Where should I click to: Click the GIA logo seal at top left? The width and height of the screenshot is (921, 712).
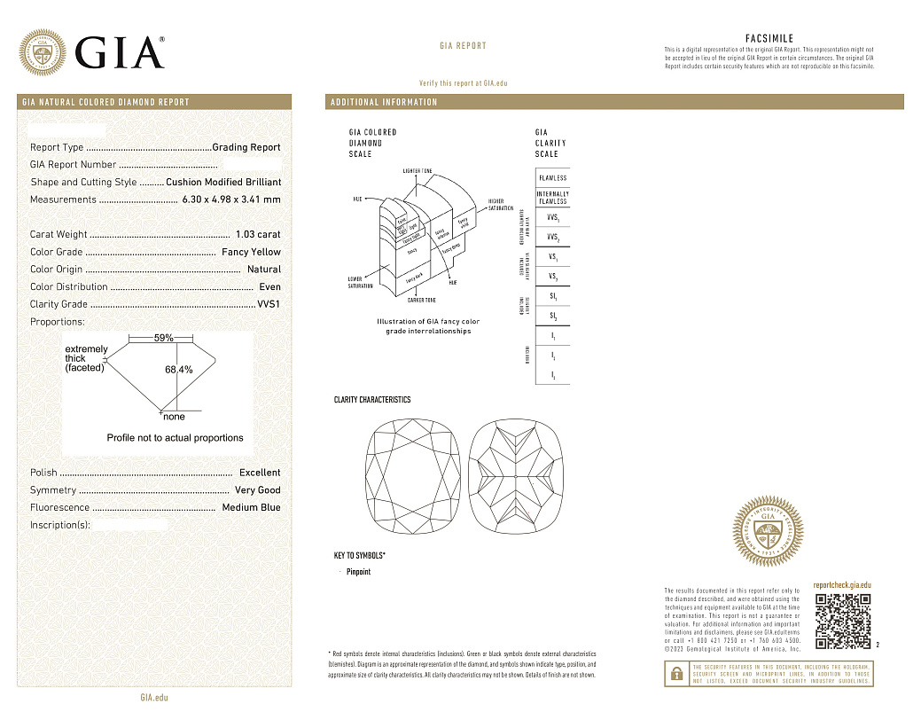[43, 52]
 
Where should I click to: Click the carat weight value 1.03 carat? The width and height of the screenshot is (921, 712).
[258, 235]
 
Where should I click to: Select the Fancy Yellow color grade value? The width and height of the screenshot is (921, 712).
[251, 253]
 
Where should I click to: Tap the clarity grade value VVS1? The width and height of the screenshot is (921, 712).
[269, 304]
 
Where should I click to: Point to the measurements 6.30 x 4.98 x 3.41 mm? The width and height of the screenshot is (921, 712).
[230, 200]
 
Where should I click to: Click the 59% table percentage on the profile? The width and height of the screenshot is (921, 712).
[163, 338]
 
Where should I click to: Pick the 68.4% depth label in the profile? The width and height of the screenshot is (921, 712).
[179, 370]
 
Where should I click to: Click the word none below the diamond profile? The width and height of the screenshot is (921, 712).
[174, 417]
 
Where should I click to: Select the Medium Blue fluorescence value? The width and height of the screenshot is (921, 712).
[251, 508]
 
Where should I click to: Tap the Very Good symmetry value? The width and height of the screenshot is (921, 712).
[257, 490]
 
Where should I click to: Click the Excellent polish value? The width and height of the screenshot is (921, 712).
[260, 473]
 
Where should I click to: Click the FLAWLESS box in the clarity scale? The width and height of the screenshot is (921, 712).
[552, 178]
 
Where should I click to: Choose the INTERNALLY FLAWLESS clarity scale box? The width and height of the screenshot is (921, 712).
[552, 198]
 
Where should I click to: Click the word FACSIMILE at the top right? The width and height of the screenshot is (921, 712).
[769, 39]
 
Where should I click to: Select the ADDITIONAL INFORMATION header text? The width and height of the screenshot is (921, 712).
[384, 102]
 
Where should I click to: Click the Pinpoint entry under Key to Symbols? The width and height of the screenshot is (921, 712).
[358, 572]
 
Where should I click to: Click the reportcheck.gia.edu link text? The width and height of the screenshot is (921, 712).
[842, 585]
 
